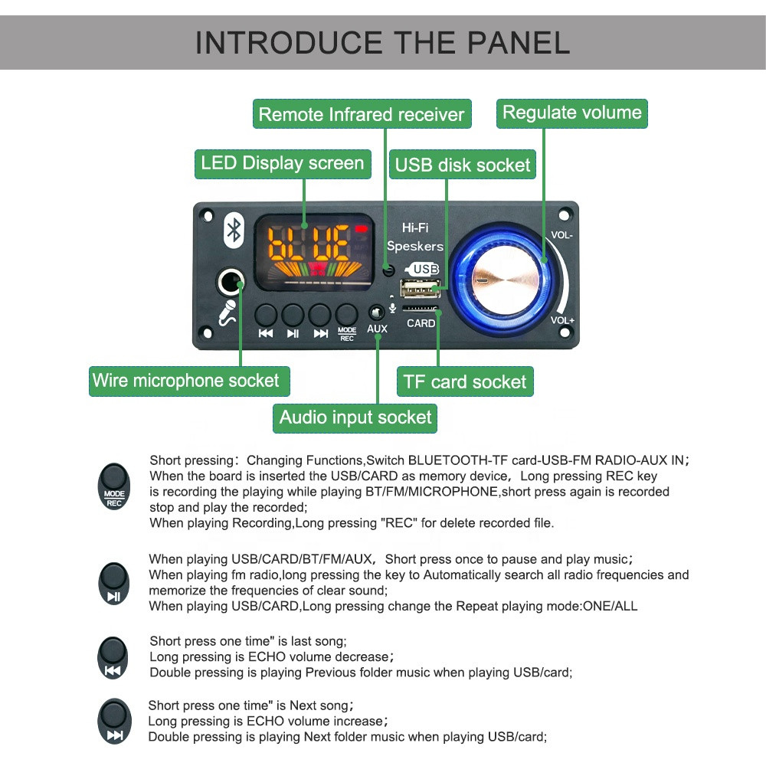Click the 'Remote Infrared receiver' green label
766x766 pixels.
coord(361,115)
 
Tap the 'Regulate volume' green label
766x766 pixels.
coord(571,113)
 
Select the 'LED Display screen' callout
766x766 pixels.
coord(282,163)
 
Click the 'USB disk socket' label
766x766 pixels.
coord(462,165)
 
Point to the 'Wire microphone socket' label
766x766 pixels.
coord(186,381)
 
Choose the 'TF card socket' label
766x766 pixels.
coord(465,381)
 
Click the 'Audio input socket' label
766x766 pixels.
coord(355,417)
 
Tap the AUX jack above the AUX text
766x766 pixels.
coord(376,312)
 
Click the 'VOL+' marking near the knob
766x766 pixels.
coord(561,320)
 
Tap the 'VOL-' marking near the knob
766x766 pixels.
coord(561,236)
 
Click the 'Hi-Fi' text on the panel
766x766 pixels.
coord(414,228)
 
